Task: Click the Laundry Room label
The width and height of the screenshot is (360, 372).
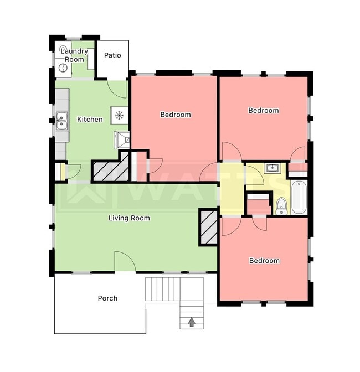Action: point(75,55)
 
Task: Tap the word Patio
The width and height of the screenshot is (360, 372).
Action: point(112,55)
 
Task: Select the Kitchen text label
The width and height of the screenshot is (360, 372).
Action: point(90,119)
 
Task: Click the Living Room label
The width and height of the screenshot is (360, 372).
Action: point(129,218)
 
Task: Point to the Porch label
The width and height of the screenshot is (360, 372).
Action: point(107,298)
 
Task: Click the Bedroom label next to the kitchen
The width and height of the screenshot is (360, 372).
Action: point(176,115)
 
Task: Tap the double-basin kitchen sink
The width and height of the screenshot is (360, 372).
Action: point(61,120)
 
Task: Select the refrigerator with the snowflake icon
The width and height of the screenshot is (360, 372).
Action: point(119,115)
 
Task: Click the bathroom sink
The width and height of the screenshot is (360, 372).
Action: point(272,168)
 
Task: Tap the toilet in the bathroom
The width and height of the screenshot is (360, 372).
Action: point(281,206)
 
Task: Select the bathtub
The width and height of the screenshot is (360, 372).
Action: point(299,197)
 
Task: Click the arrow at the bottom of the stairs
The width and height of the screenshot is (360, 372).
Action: point(192,321)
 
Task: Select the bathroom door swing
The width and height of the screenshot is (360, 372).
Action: point(258,221)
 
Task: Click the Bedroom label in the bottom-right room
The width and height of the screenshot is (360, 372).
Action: point(264,261)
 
